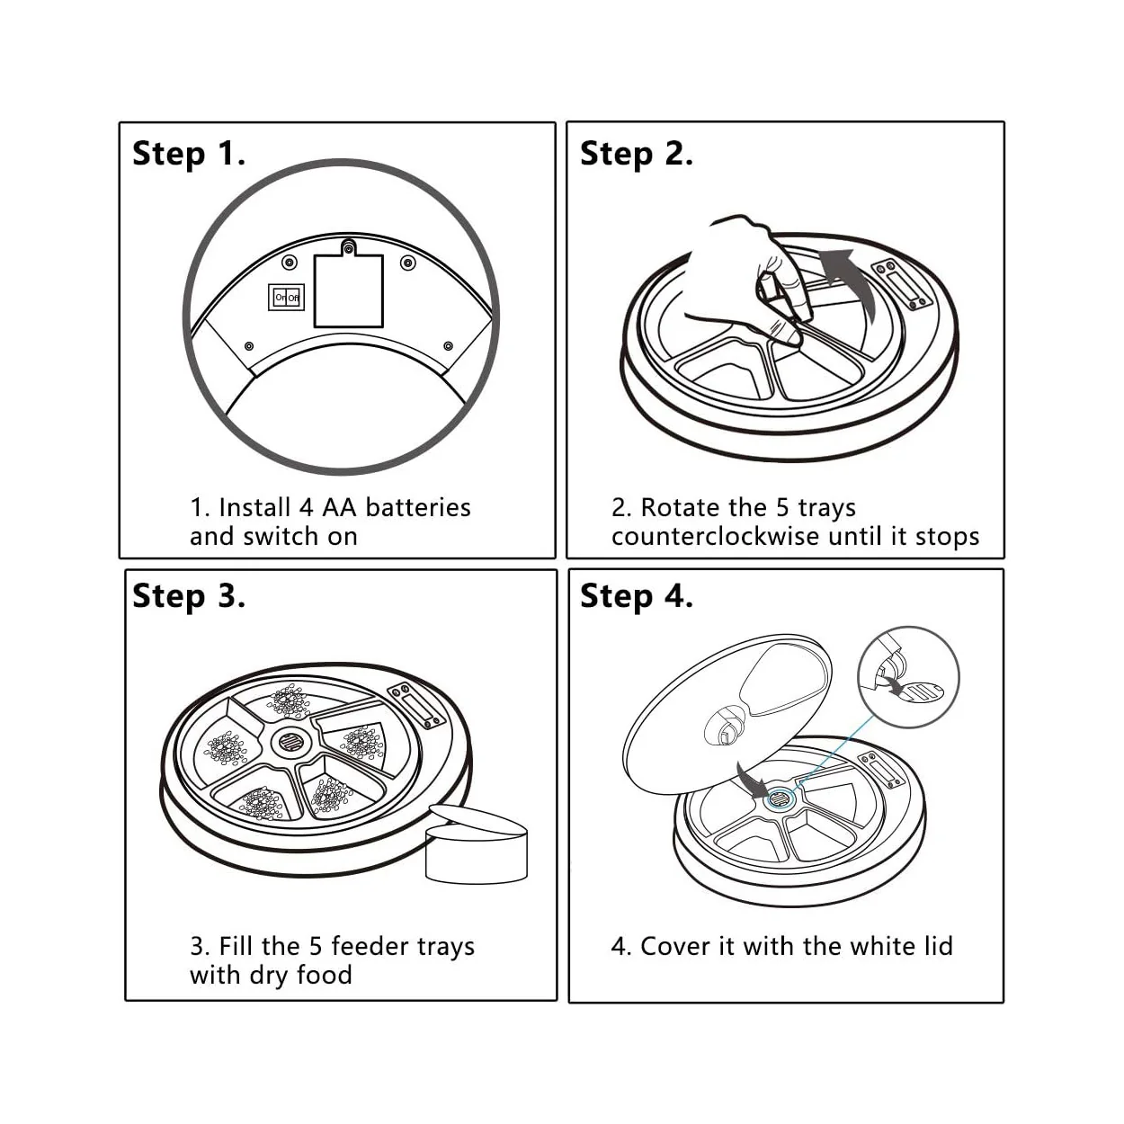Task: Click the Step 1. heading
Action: (188, 154)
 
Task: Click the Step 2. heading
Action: (636, 154)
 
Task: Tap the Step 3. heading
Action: (188, 596)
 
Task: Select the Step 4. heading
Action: (636, 596)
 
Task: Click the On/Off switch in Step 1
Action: (287, 297)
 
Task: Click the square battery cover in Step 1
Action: (349, 289)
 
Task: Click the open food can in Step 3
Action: (477, 845)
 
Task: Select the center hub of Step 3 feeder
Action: (290, 742)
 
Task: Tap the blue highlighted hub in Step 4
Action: (779, 796)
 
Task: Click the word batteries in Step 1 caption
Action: (418, 508)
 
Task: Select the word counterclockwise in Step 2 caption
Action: (716, 537)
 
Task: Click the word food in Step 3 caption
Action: (325, 976)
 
